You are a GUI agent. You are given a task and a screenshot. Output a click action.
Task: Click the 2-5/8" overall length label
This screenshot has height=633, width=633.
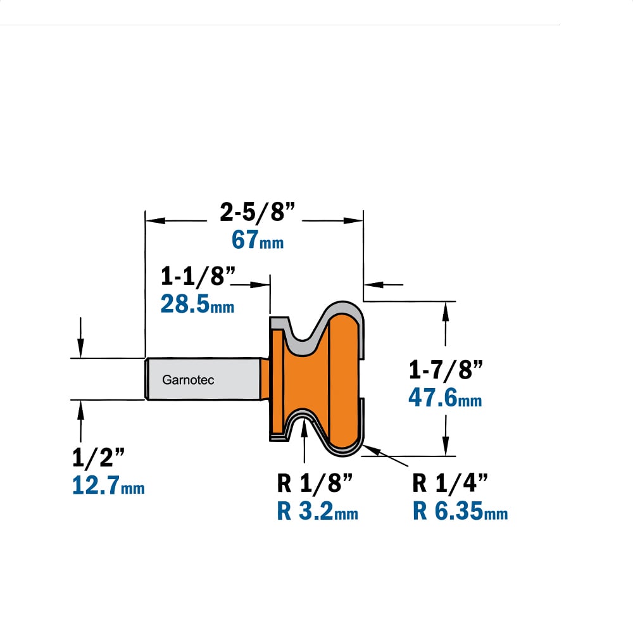point(258,211)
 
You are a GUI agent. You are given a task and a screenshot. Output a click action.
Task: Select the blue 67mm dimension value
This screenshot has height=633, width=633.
point(258,239)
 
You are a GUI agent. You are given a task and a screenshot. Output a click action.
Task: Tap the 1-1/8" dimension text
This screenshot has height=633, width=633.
point(197,276)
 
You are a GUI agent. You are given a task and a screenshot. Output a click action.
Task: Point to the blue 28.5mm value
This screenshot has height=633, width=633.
point(197,304)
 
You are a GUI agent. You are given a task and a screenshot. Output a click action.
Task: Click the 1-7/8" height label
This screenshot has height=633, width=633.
point(446,370)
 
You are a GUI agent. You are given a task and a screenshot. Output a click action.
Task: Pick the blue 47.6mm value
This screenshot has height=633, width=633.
point(445,398)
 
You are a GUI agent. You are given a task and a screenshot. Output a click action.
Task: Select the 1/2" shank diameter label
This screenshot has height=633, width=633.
point(99,458)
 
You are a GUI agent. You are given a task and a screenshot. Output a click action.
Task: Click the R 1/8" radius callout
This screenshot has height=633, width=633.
point(315,482)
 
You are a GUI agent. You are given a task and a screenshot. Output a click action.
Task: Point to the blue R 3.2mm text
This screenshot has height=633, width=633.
point(317,511)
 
